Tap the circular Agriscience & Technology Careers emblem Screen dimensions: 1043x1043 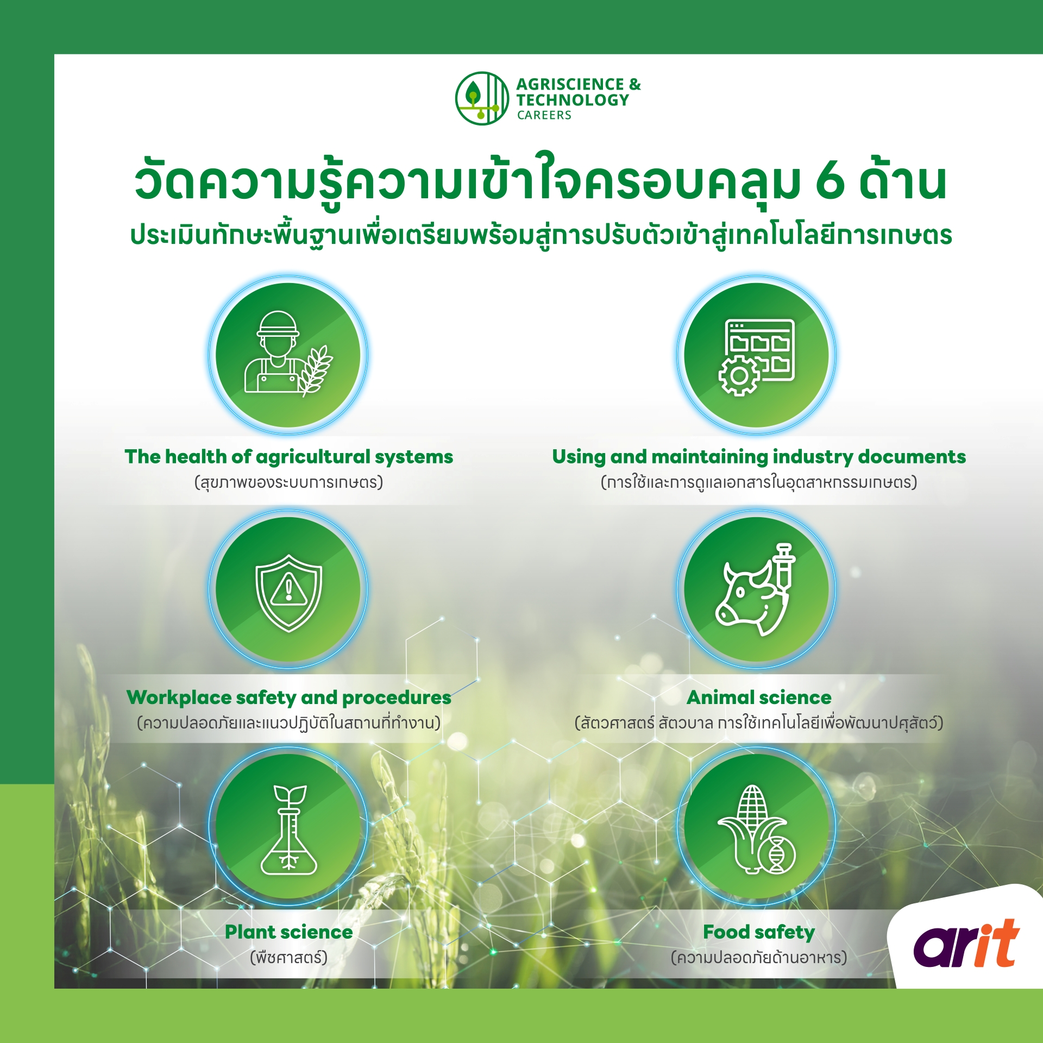[482, 98]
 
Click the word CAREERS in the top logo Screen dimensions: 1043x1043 [544, 115]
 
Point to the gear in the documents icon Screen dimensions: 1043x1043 [739, 376]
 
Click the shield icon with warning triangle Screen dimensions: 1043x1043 [288, 593]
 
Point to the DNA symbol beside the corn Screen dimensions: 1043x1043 [777, 855]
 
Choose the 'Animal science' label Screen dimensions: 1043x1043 [759, 698]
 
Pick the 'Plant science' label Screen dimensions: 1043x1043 [288, 932]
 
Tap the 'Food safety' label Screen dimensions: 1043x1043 [759, 933]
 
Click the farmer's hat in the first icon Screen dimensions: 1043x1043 [278, 323]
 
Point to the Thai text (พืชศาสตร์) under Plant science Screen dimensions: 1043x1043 [288, 957]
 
